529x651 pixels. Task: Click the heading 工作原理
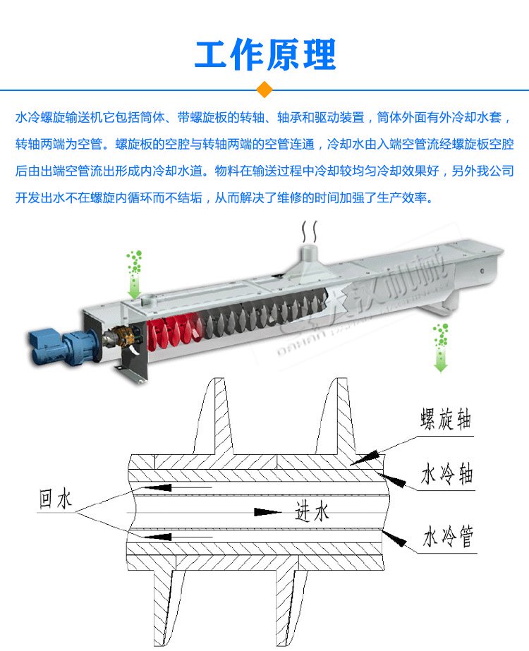(264, 54)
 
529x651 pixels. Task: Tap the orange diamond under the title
(264, 90)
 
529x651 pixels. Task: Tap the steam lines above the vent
(309, 231)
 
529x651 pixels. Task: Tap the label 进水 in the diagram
(312, 511)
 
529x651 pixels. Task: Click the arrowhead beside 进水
(265, 511)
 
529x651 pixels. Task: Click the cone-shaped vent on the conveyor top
(309, 259)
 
